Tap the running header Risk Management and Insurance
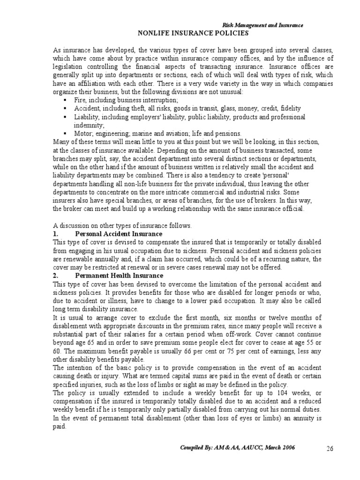click(262, 25)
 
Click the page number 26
click(330, 449)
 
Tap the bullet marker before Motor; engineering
click(65, 133)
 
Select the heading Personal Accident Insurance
click(119, 233)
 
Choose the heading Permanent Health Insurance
click(119, 275)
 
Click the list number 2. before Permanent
click(56, 275)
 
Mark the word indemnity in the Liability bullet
click(88, 125)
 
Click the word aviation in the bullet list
click(180, 133)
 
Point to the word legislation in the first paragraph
click(69, 67)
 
